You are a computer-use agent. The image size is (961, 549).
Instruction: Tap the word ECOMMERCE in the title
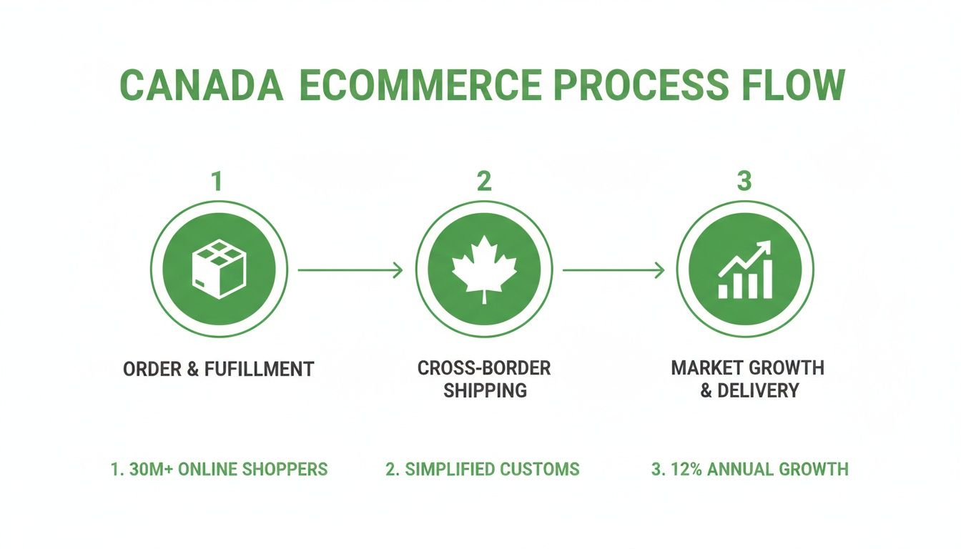[x=420, y=86]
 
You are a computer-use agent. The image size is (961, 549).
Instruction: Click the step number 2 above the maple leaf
[x=484, y=182]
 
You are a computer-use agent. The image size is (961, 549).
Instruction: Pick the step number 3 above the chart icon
[x=744, y=182]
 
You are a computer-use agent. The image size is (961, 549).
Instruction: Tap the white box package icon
[x=217, y=270]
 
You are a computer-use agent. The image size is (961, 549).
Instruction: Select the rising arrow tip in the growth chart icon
[x=766, y=246]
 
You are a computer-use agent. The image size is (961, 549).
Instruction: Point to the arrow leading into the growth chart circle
[x=613, y=270]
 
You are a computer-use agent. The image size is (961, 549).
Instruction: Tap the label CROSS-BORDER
[x=484, y=369]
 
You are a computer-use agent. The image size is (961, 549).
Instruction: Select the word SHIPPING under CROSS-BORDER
[x=484, y=391]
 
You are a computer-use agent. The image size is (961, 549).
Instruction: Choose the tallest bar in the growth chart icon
[x=767, y=280]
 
